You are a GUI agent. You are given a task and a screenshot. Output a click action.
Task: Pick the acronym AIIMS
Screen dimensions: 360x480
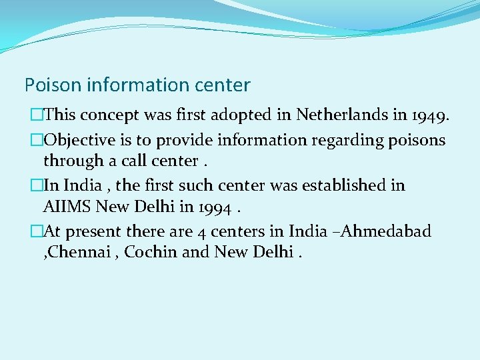tap(67, 207)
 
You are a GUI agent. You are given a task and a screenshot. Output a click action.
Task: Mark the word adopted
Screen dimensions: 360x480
tap(263, 115)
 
